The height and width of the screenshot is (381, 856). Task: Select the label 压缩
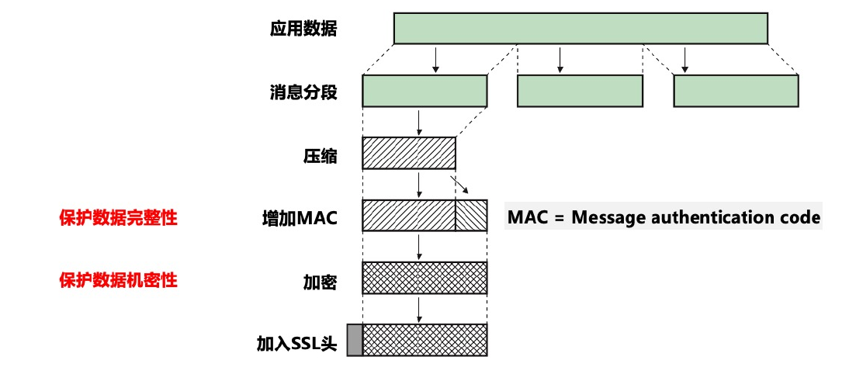click(320, 155)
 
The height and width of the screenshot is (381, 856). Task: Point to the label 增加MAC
click(300, 217)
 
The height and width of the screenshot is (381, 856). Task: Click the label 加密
click(320, 280)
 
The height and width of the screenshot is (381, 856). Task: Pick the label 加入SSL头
click(297, 342)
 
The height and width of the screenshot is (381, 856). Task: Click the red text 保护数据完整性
click(118, 218)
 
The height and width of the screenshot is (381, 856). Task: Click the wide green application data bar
click(580, 29)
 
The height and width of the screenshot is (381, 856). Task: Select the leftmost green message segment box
click(425, 91)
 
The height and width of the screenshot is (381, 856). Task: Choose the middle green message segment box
click(580, 91)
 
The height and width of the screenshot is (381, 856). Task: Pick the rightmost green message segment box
click(736, 91)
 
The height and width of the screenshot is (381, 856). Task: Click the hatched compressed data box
click(409, 153)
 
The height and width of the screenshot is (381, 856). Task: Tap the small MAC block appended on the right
click(471, 216)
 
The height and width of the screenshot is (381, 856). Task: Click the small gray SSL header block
click(355, 340)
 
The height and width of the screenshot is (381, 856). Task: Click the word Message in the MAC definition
click(605, 217)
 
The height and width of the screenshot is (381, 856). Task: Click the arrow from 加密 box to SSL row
click(419, 308)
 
